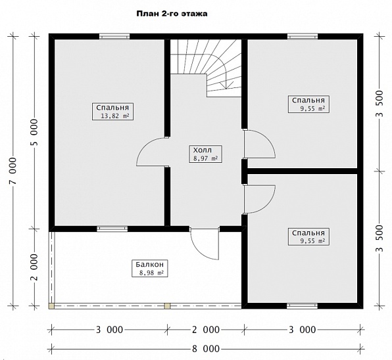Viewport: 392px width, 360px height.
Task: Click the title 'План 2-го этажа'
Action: pos(172,14)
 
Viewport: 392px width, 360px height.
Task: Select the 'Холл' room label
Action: pos(203,150)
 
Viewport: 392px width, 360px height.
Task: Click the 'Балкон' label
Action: pos(149,264)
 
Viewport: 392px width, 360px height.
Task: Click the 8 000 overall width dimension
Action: pos(206,349)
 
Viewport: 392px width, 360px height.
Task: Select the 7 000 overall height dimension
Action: pos(12,171)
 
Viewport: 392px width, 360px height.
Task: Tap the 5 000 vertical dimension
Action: pos(34,133)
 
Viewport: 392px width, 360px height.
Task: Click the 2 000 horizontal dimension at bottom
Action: pos(206,330)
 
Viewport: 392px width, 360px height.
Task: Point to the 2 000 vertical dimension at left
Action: pos(34,267)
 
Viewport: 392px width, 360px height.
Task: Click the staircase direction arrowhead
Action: pos(226,85)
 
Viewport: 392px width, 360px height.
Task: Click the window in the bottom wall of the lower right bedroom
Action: pos(302,306)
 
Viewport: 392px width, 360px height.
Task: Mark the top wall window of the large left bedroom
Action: pos(114,36)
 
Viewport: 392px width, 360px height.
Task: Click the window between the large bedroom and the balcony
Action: pos(112,229)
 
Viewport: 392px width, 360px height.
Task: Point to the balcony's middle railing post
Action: pos(167,306)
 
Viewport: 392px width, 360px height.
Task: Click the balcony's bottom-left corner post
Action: pos(52,306)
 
